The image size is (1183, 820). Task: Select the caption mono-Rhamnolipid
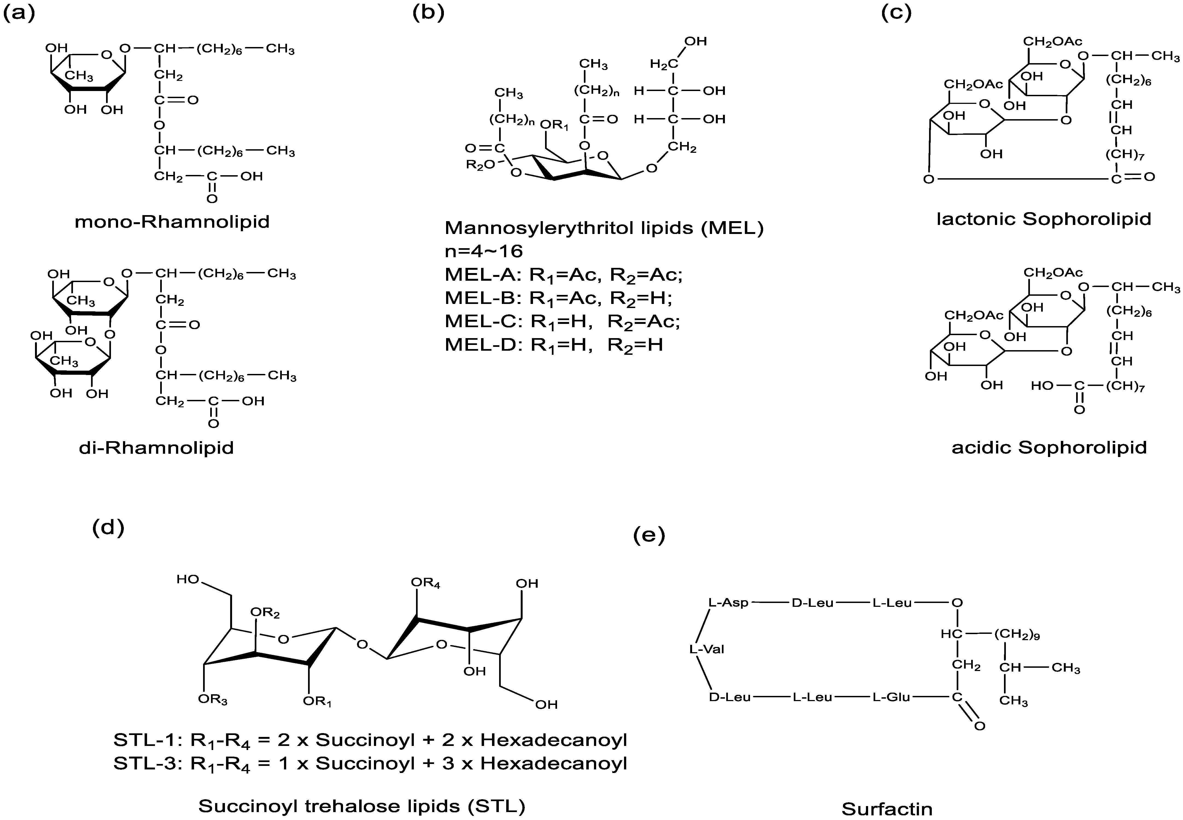pyautogui.click(x=172, y=222)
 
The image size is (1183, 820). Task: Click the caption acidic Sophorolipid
pyautogui.click(x=1049, y=447)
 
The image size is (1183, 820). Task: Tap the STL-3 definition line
pyautogui.click(x=370, y=763)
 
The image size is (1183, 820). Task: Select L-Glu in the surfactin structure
pyautogui.click(x=891, y=697)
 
